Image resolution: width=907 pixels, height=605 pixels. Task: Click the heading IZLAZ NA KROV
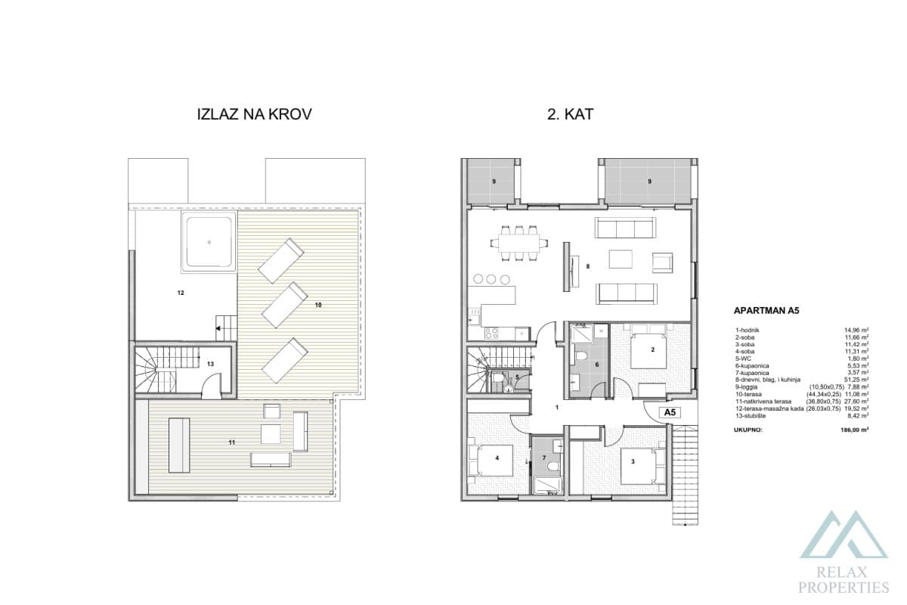254,115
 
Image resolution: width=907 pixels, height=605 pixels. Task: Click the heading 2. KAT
570,115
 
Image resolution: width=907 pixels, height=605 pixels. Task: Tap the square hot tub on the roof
207,241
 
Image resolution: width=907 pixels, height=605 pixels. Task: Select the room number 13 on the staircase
210,364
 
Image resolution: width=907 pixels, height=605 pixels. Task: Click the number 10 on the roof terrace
318,305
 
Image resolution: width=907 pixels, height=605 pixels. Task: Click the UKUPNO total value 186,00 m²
853,429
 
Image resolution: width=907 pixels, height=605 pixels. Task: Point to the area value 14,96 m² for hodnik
855,330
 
